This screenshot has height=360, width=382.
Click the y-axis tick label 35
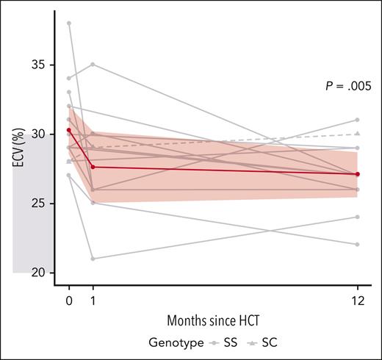coord(46,65)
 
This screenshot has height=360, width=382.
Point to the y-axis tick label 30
coord(46,134)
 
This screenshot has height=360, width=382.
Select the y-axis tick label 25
coord(46,203)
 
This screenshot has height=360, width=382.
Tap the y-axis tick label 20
coord(46,273)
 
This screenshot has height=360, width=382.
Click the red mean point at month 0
coord(69,130)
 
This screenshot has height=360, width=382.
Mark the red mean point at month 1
coord(93,167)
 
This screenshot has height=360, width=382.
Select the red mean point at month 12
coord(357,174)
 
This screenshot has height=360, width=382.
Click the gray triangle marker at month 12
coord(357,134)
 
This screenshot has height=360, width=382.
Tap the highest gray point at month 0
coord(69,23)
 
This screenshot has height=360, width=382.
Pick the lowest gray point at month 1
coord(93,259)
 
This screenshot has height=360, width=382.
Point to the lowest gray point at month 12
coord(357,245)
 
